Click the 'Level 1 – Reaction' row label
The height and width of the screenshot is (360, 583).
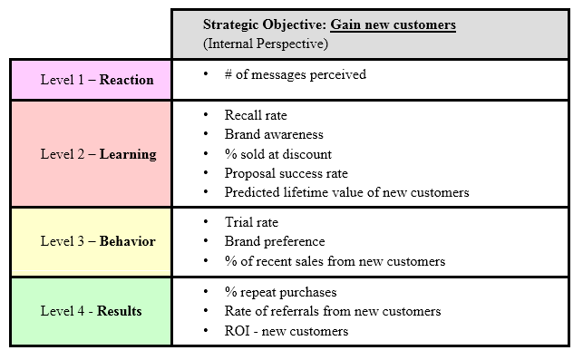coord(97,79)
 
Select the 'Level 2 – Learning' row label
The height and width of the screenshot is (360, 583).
coord(98,154)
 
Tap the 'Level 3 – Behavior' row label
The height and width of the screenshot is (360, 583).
coord(98,241)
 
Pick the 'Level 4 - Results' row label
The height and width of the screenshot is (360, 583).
coord(91,311)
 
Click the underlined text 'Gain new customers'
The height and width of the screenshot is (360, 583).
coord(392,24)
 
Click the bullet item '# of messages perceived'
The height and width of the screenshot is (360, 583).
coord(296,74)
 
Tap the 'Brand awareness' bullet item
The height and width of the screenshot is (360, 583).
coord(274,134)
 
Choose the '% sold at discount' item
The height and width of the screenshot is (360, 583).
coord(277,153)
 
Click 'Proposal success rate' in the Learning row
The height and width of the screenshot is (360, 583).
coord(287,172)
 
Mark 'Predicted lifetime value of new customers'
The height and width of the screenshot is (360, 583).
coord(347,192)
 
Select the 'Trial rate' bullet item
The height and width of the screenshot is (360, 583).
coord(251,222)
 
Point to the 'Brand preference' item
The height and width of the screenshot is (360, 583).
coord(275,241)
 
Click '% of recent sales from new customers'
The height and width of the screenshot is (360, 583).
coord(335,261)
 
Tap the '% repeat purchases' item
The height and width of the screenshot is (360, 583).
coord(280,292)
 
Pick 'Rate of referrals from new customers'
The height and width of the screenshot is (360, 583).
coord(333,311)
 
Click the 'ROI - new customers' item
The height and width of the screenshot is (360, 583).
coord(287,331)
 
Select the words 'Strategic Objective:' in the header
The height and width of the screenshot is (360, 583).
coord(263,24)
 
